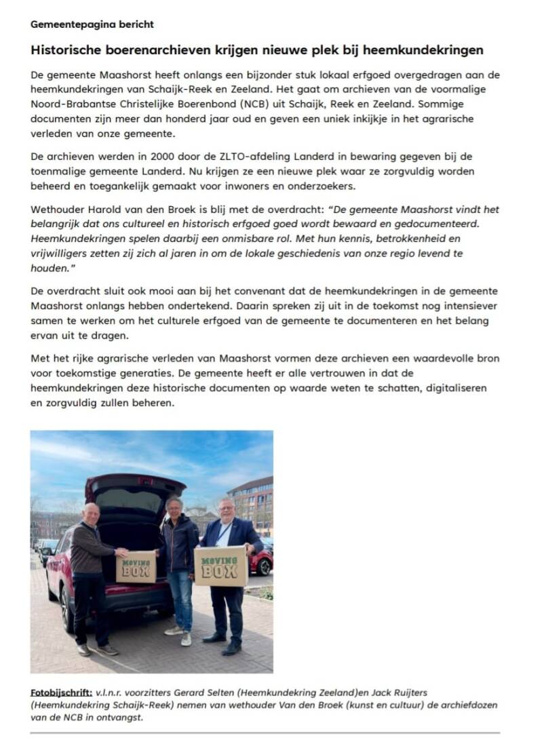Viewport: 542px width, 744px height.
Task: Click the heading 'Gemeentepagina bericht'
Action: (x=92, y=24)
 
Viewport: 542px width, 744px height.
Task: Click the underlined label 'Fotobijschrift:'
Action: (x=62, y=692)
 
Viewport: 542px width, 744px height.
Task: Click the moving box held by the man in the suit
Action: (x=220, y=566)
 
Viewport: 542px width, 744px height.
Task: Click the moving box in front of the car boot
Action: (x=136, y=566)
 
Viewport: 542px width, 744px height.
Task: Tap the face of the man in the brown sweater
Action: (x=92, y=514)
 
